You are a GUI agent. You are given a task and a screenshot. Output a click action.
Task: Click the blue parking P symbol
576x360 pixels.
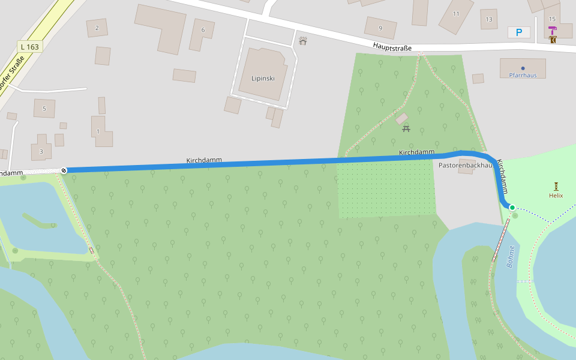point(519,32)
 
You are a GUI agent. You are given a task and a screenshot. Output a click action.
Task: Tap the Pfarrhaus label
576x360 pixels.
point(523,75)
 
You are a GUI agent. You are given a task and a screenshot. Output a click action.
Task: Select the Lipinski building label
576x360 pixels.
point(262,79)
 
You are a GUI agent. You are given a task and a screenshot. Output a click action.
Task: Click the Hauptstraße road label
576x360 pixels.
point(392,46)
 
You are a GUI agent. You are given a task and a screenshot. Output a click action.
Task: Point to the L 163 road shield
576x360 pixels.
point(29,47)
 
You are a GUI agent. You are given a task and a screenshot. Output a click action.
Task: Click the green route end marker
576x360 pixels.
point(512,208)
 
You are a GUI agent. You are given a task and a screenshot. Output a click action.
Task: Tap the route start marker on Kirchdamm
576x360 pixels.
point(64,170)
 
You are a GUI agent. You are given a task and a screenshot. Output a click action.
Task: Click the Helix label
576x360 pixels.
point(556,196)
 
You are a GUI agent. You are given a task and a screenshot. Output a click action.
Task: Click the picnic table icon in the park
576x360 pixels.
point(406,128)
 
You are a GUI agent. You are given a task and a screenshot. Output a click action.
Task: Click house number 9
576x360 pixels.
point(380,28)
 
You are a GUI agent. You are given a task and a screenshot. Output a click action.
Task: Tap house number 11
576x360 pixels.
point(456,14)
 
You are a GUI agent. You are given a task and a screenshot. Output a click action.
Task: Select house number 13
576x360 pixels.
point(489,19)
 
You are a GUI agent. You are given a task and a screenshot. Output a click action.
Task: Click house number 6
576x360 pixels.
point(203,29)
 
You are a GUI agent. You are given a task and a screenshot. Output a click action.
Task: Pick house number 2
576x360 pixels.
point(97,28)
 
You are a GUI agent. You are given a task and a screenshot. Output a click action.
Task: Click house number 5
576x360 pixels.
point(44,109)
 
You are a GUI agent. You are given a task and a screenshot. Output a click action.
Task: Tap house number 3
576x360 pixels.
point(41,151)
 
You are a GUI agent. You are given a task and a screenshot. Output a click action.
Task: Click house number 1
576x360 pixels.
point(98,131)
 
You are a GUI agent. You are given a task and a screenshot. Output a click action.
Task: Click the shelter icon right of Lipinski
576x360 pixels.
point(303,41)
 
